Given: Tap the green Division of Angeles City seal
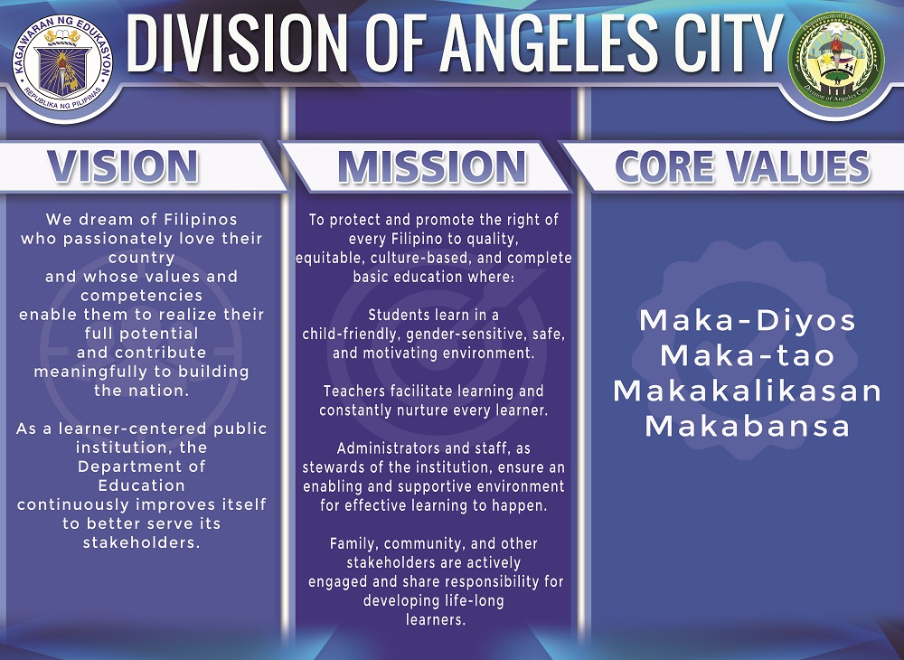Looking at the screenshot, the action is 836,60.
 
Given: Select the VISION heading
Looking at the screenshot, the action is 123,166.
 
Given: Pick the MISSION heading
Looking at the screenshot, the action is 432,167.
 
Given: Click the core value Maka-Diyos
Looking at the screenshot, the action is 748,320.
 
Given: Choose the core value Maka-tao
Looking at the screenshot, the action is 748,355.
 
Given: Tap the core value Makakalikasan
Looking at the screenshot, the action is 748,391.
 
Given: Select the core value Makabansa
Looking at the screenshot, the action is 748,426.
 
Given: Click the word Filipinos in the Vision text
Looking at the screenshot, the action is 200,220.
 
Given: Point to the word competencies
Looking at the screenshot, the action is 142,297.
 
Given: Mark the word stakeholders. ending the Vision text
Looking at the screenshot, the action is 142,543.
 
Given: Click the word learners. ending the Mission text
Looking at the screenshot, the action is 436,619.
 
